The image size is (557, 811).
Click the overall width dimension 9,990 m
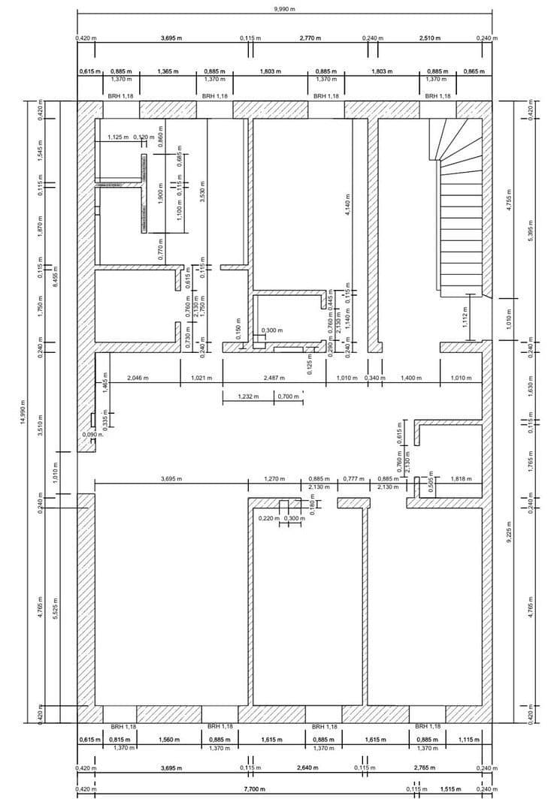click(x=284, y=9)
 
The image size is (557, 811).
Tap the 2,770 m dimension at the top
click(x=310, y=37)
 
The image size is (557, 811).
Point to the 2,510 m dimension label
click(x=431, y=37)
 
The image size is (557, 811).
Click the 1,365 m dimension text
click(x=168, y=71)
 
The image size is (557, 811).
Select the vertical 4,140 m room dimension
click(x=348, y=204)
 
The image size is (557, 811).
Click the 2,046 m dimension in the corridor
click(x=139, y=378)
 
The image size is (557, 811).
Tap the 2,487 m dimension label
click(x=277, y=378)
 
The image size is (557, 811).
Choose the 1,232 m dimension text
click(x=248, y=396)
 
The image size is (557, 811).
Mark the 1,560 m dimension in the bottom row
click(x=169, y=740)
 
